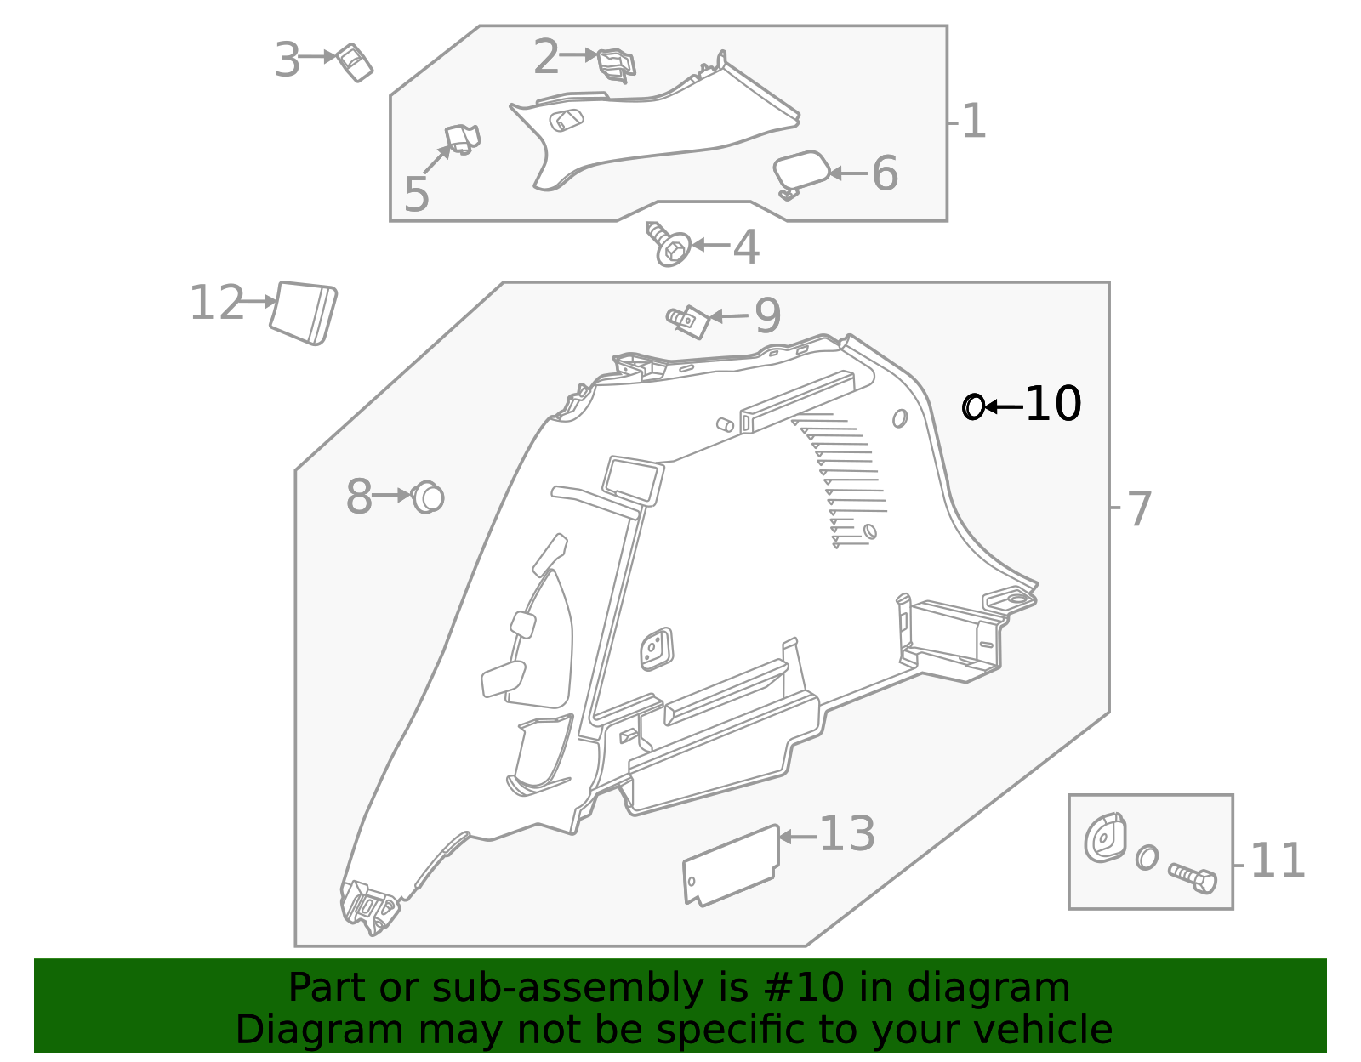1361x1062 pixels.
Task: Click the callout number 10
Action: (1053, 404)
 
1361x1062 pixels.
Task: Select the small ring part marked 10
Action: (972, 407)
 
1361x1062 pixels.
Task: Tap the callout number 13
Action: (846, 834)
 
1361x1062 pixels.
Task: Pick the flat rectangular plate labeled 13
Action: (731, 865)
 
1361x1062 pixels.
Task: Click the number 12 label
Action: (216, 304)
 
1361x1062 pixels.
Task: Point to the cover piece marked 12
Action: (304, 313)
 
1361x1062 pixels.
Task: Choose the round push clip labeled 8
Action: (428, 497)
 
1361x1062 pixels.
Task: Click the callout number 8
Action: (359, 497)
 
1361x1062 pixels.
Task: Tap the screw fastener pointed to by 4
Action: (670, 244)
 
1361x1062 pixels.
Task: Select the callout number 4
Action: (746, 247)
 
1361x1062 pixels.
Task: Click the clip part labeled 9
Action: (690, 321)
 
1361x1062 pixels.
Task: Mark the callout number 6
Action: (885, 173)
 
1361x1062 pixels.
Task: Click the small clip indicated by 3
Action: (354, 62)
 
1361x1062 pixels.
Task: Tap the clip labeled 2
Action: (616, 65)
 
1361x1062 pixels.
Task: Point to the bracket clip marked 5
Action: (462, 139)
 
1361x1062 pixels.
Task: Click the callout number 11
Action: (1278, 861)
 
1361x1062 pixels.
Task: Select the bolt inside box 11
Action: (1193, 877)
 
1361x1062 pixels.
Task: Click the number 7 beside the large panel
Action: (1139, 509)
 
